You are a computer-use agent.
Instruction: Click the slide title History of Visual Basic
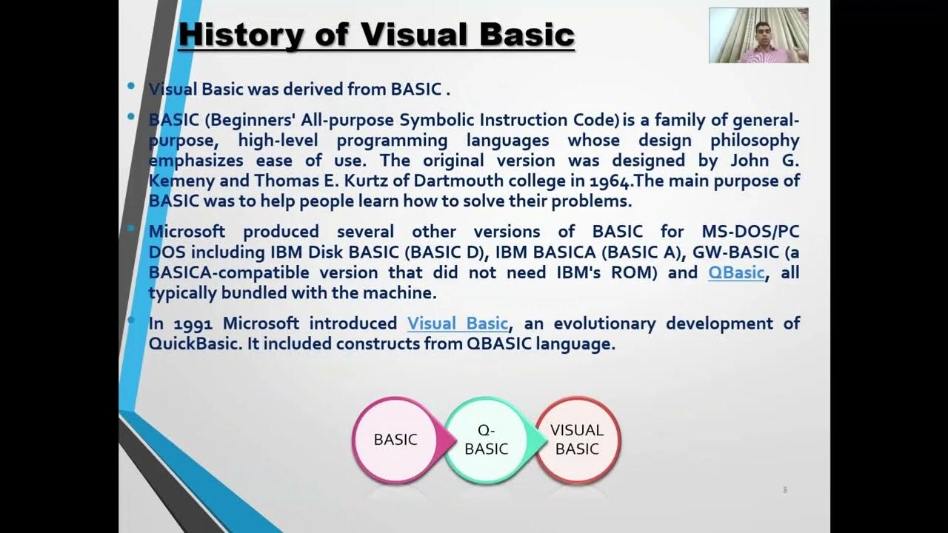(376, 35)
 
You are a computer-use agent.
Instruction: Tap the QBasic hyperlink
(735, 272)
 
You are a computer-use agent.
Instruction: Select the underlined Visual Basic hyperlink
(458, 324)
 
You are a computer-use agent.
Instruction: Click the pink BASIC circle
(395, 440)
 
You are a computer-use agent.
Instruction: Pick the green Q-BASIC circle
(486, 440)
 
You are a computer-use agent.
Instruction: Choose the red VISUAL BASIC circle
(577, 440)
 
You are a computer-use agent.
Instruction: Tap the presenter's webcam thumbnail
(758, 35)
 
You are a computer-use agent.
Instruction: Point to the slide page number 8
(785, 490)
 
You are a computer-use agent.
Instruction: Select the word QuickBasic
(193, 344)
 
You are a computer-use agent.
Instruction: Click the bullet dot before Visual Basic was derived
(131, 87)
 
